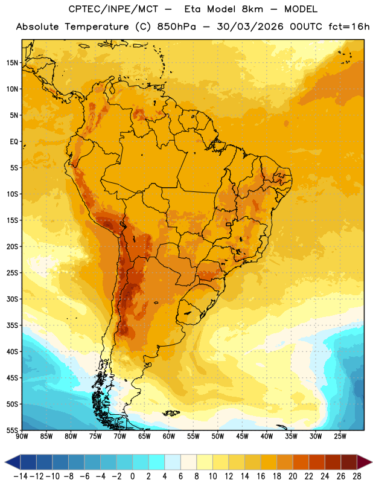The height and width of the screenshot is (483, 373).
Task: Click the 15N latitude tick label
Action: click(12, 63)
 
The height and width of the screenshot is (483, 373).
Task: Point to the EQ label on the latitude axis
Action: click(14, 142)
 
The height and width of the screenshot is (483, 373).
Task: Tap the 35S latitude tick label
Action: click(12, 325)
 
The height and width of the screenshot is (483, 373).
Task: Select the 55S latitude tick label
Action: click(12, 430)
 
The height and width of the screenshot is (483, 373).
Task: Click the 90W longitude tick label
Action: click(22, 437)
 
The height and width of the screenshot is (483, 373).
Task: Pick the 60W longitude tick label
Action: click(169, 437)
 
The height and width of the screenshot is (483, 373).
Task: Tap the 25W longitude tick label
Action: click(340, 437)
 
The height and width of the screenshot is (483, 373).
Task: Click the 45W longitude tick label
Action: click(242, 437)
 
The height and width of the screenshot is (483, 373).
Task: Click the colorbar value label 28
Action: click(357, 476)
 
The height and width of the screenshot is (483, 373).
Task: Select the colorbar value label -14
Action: click(21, 476)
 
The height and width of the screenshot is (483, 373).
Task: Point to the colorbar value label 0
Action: click(132, 476)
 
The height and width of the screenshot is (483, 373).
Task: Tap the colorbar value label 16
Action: click(261, 476)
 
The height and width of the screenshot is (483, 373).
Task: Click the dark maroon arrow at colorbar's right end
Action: click(365, 462)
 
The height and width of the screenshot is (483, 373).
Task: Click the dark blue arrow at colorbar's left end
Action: click(13, 462)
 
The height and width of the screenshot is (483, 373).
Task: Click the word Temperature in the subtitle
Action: click(97, 27)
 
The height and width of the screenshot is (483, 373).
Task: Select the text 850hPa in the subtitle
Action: click(176, 27)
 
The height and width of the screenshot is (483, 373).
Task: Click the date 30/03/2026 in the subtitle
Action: click(250, 27)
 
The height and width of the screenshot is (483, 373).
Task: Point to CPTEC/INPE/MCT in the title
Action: click(113, 9)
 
